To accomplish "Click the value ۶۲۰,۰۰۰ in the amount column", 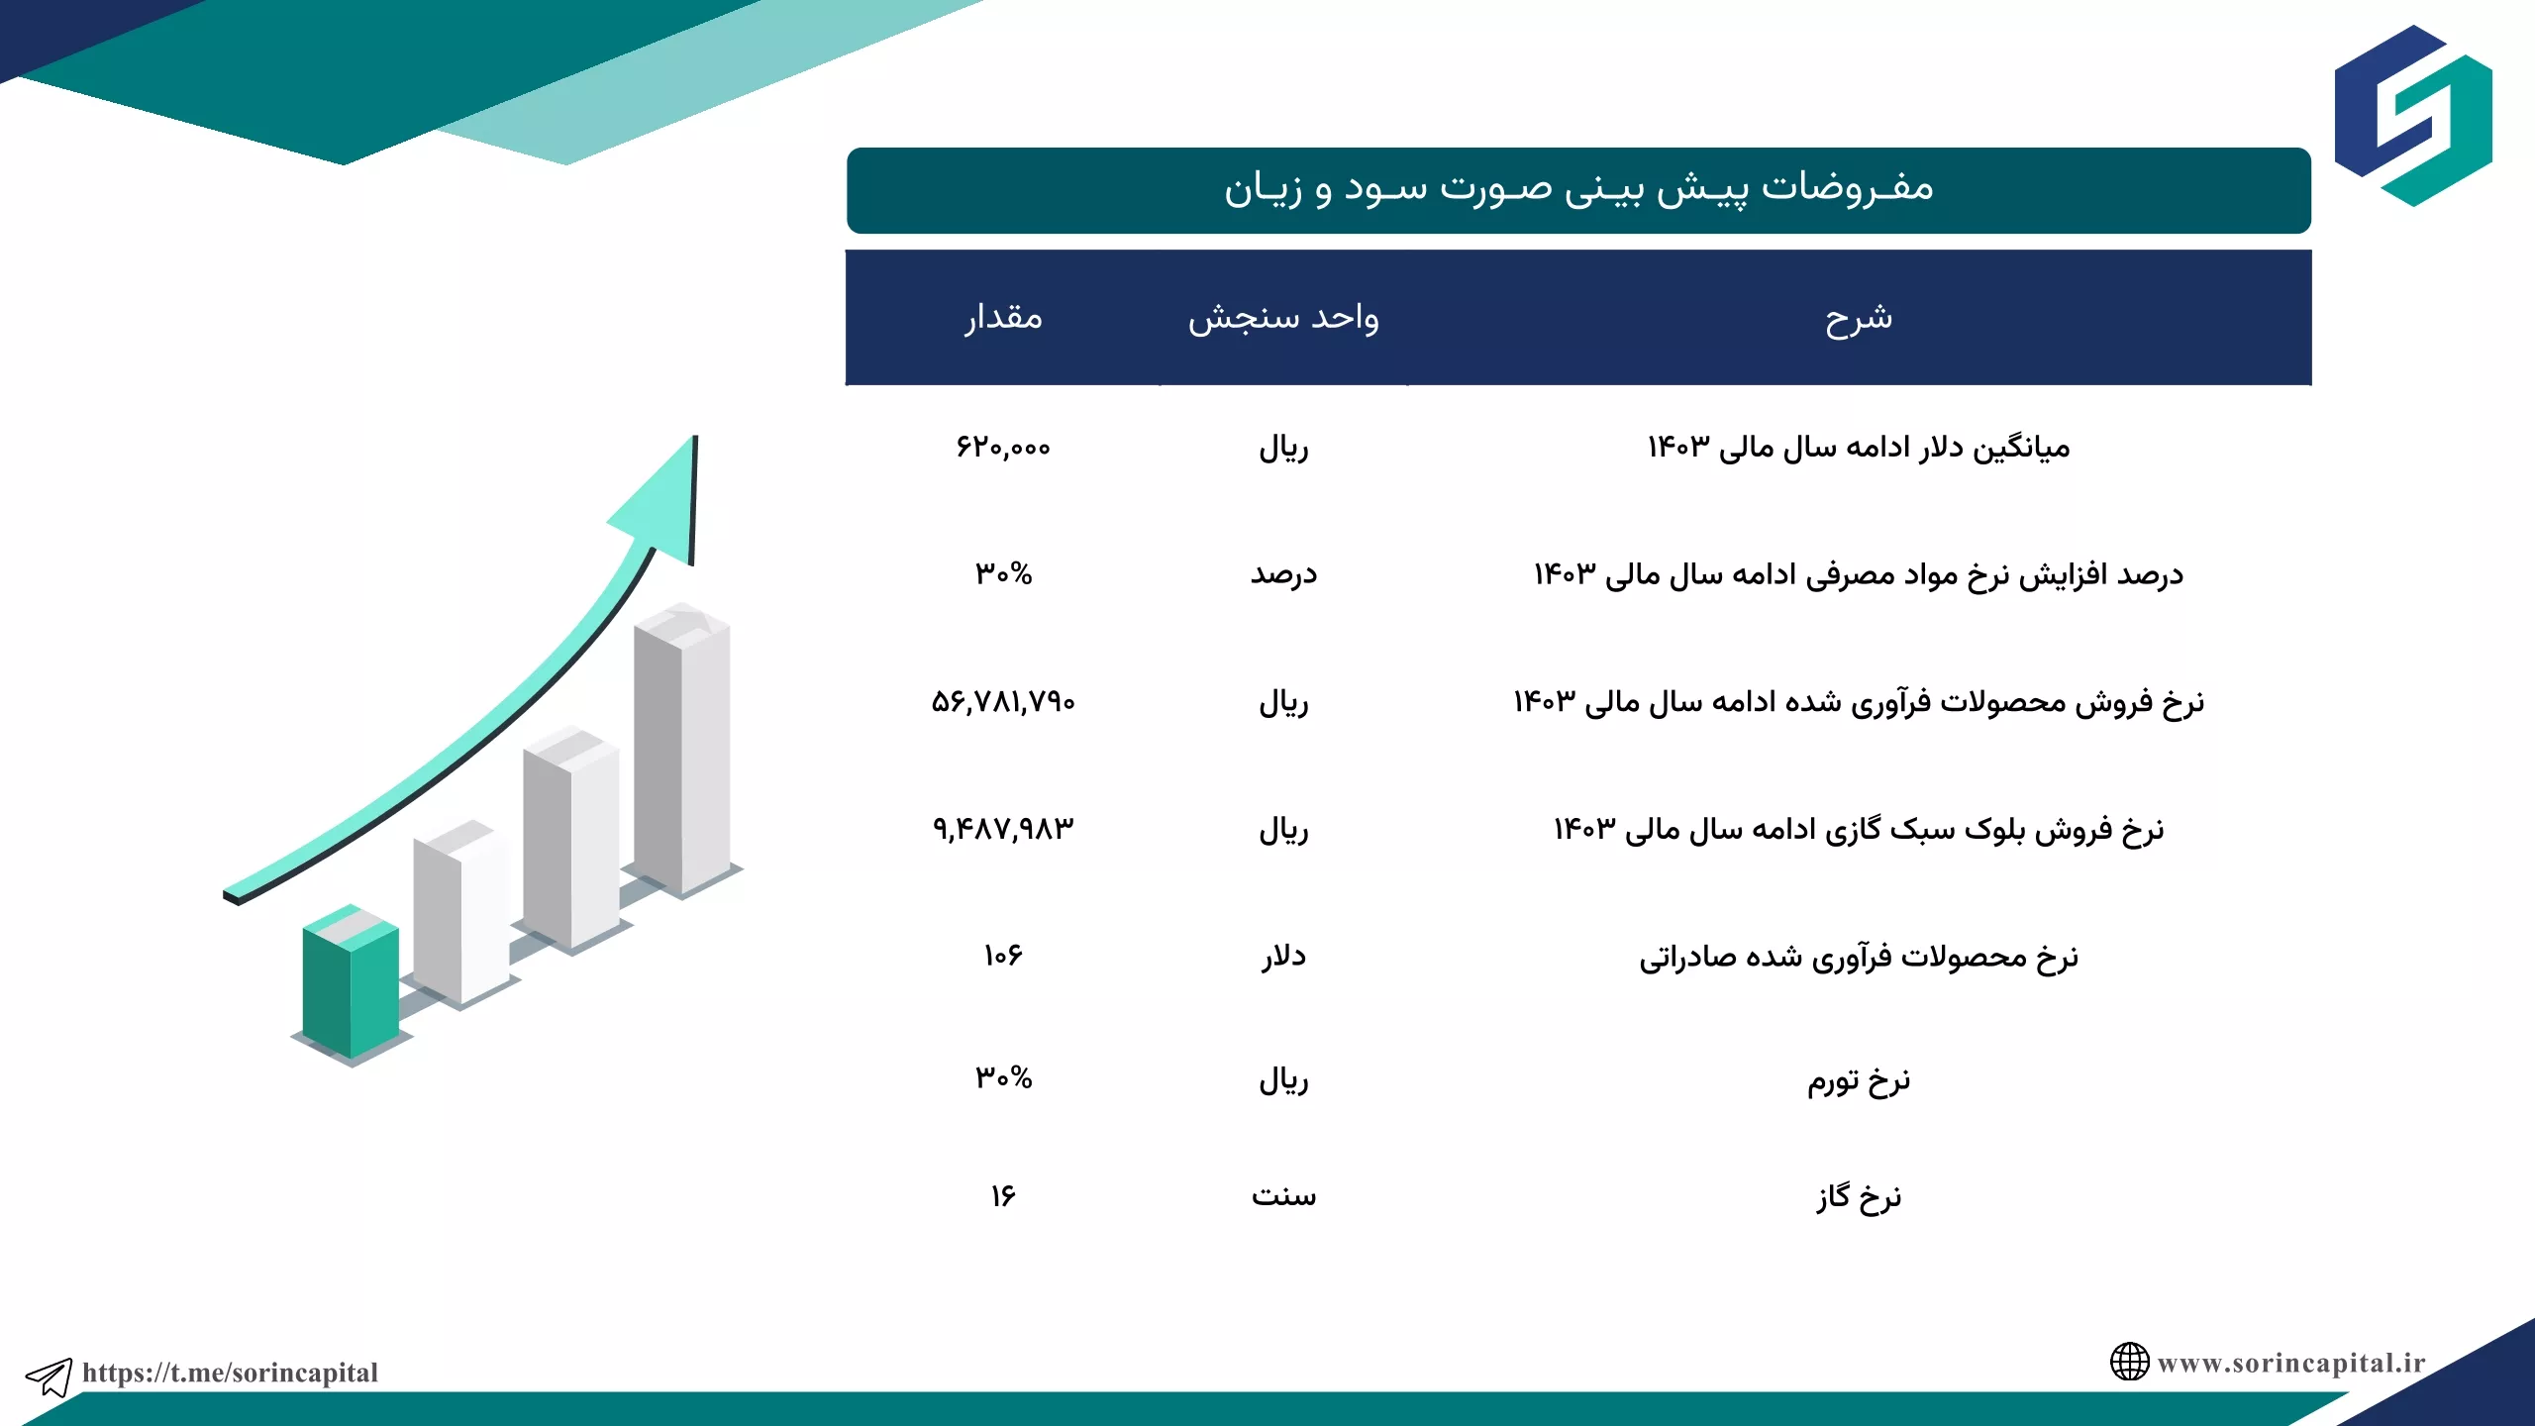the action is point(1003,448).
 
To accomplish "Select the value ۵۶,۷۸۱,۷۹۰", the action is point(1003,702).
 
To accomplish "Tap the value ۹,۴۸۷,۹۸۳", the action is point(1003,829).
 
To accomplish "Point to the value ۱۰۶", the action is point(1003,956).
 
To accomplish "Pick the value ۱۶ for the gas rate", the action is point(1003,1196).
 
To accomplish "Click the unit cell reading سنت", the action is point(1283,1196).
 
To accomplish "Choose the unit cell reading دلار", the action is point(1283,956).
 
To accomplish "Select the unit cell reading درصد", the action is point(1283,574).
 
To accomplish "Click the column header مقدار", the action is point(1003,318).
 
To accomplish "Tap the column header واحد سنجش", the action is point(1283,318).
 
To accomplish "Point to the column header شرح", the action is point(1859,318).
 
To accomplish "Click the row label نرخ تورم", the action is point(1859,1079).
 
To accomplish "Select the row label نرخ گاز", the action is point(1859,1196).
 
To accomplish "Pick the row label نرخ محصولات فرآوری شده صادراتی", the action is point(1859,957).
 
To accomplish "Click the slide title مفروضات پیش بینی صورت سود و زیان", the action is point(1578,188).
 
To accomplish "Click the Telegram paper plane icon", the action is point(49,1376).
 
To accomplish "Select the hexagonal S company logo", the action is point(2413,116).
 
